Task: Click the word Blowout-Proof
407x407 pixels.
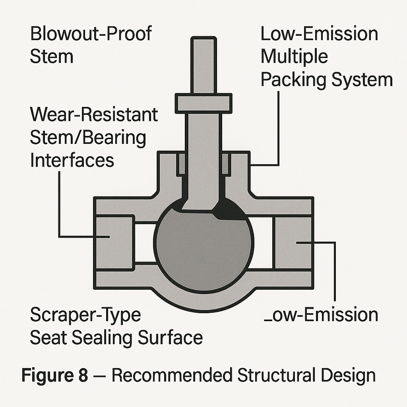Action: pyautogui.click(x=91, y=34)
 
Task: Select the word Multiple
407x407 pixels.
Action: pyautogui.click(x=294, y=57)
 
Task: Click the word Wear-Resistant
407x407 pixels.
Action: pyautogui.click(x=94, y=115)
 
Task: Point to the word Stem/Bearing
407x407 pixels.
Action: pyautogui.click(x=88, y=138)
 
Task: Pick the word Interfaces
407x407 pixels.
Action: pyautogui.click(x=72, y=160)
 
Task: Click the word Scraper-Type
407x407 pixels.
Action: pyautogui.click(x=85, y=315)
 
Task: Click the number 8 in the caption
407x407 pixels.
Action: pyautogui.click(x=82, y=376)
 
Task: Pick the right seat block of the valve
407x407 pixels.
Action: pyautogui.click(x=293, y=242)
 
